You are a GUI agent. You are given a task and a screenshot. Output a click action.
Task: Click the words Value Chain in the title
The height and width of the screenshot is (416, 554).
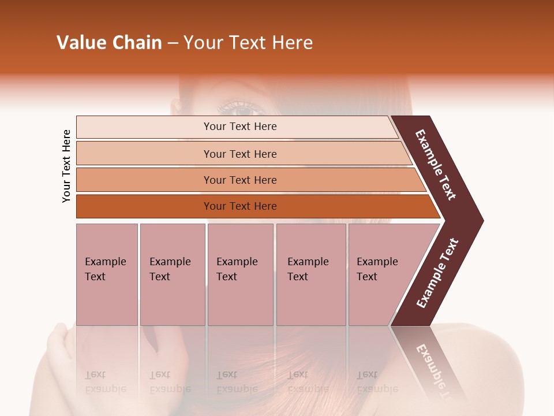point(109,43)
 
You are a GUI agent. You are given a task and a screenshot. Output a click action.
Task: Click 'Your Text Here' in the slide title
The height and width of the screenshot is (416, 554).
point(248,43)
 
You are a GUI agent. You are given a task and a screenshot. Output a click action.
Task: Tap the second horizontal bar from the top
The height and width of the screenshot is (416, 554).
point(240,154)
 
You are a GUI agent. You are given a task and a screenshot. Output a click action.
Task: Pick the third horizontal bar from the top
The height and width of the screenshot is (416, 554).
point(240,180)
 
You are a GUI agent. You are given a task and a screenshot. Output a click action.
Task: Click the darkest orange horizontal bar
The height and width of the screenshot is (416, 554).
point(240,206)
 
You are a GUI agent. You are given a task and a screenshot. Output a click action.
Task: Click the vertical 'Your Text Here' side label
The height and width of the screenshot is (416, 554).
point(66,166)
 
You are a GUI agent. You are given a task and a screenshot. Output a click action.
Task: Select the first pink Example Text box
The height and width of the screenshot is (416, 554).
point(107,274)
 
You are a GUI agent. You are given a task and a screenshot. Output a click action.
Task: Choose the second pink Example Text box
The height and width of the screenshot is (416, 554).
point(172,274)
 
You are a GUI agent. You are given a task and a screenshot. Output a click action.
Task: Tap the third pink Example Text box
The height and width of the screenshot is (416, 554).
point(240,274)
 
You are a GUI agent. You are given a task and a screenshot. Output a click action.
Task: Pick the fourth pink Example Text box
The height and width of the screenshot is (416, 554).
point(310,274)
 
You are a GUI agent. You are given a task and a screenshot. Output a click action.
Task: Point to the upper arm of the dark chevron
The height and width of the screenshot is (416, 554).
point(436,165)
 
